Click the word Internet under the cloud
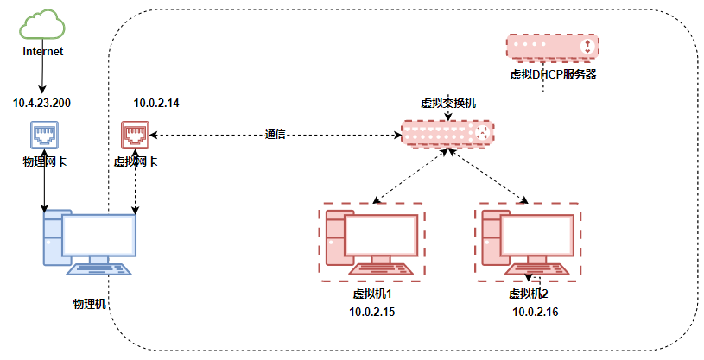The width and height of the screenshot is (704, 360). (42, 52)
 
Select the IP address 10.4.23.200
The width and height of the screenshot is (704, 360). (41, 103)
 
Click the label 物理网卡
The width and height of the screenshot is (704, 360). (43, 161)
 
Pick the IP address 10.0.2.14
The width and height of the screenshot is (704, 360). (155, 103)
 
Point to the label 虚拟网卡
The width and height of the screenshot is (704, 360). (136, 161)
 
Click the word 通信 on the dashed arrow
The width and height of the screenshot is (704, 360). (276, 135)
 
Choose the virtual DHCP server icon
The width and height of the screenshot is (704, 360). (553, 47)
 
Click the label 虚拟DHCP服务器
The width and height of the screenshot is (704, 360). (553, 74)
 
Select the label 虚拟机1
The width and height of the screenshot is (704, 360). (373, 294)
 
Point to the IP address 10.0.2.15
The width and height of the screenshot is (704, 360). (372, 312)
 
